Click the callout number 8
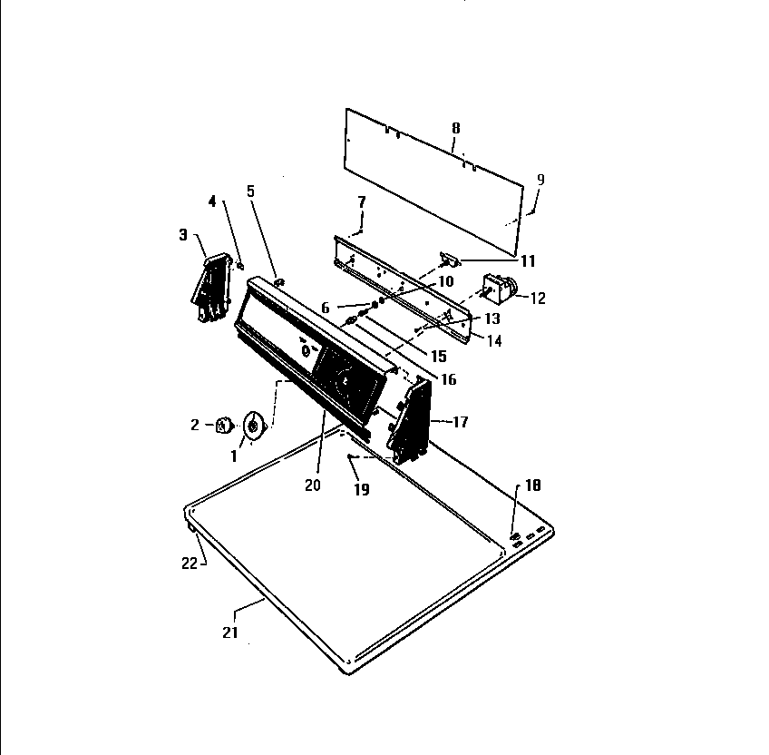(455, 128)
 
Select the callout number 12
(538, 299)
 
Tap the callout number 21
(230, 632)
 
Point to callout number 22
(190, 563)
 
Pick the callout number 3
(183, 235)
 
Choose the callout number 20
(312, 485)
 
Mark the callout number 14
(494, 340)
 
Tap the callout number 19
(362, 489)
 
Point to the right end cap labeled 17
(410, 420)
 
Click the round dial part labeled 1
(254, 425)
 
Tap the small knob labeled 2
(224, 425)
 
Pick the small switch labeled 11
(450, 260)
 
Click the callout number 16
(449, 379)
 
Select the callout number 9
(540, 180)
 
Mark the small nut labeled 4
(240, 265)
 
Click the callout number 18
(532, 485)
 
